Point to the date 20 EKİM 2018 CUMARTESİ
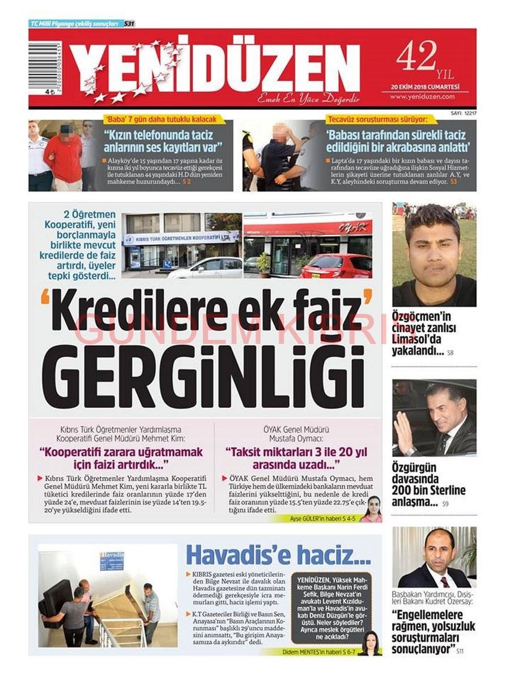(425, 87)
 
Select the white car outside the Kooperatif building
(205, 267)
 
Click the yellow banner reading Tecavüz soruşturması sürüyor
(377, 120)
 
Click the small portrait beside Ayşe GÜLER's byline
(373, 508)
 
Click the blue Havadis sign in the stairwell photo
(112, 560)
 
